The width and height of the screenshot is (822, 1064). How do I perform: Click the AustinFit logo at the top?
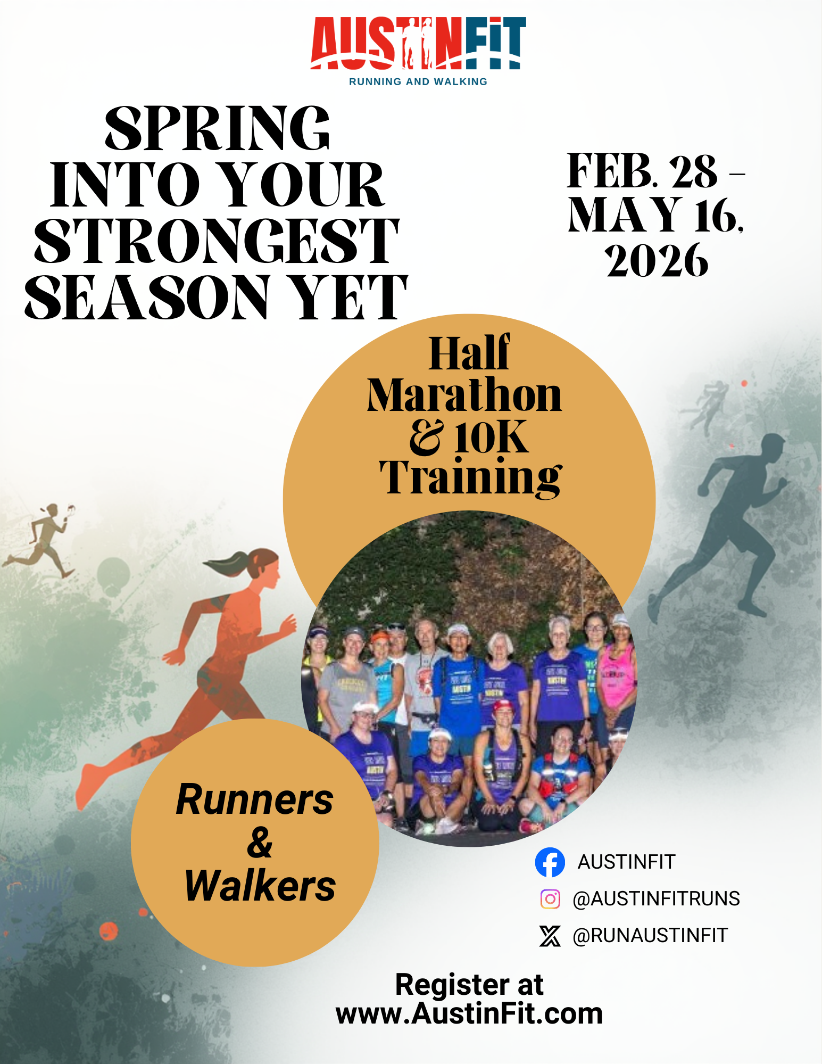pyautogui.click(x=418, y=51)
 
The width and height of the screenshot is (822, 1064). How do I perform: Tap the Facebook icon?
pyautogui.click(x=550, y=862)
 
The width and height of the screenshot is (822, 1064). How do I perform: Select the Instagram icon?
pyautogui.click(x=550, y=898)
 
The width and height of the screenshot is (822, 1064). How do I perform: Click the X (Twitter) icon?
pyautogui.click(x=550, y=935)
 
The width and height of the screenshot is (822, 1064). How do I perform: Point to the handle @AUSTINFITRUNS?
pyautogui.click(x=656, y=898)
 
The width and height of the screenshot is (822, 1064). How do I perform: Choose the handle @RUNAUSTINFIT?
pyautogui.click(x=650, y=935)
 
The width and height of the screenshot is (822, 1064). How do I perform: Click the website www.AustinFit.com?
pyautogui.click(x=469, y=1013)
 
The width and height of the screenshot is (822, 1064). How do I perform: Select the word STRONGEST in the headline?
pyautogui.click(x=217, y=241)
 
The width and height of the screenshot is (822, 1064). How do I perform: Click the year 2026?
pyautogui.click(x=657, y=260)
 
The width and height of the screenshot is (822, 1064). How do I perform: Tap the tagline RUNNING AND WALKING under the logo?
pyautogui.click(x=418, y=81)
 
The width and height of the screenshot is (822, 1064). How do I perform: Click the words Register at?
pyautogui.click(x=469, y=985)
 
